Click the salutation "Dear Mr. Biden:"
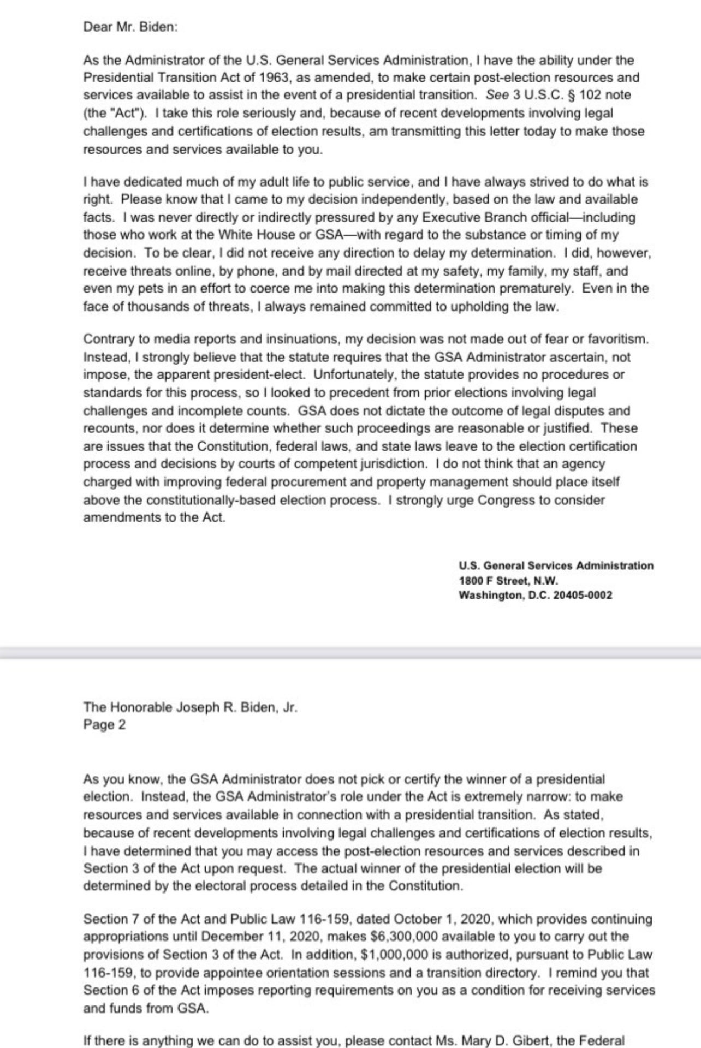point(130,27)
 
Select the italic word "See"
point(497,95)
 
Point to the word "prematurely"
point(543,288)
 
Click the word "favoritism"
point(615,339)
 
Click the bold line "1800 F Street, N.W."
point(508,581)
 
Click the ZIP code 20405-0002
point(583,595)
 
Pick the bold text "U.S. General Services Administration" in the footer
point(556,566)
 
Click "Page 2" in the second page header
point(104,725)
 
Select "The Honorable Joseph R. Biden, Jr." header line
point(190,707)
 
